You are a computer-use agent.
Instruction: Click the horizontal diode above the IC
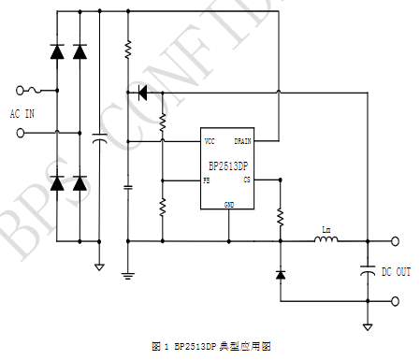(x=142, y=92)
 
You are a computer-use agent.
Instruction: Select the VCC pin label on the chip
(x=211, y=140)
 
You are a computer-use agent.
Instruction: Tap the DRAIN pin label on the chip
(x=242, y=140)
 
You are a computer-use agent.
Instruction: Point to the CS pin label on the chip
(x=247, y=179)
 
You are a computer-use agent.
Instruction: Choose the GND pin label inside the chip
(x=228, y=203)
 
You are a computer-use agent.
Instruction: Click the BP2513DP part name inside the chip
(x=228, y=166)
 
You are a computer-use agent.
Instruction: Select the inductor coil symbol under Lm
(x=325, y=240)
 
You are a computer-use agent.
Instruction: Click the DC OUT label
(x=397, y=271)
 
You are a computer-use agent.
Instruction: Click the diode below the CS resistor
(x=280, y=274)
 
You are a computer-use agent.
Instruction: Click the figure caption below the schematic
(x=210, y=347)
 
